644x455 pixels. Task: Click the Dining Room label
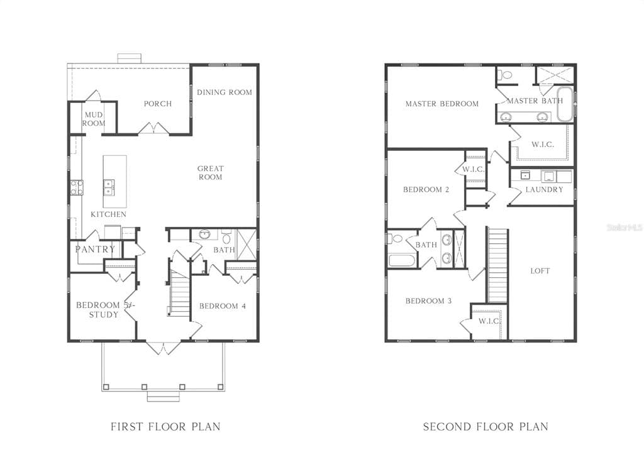pos(224,92)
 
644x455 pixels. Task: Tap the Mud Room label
pos(93,119)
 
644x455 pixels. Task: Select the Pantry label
pos(95,249)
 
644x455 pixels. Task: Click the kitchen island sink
pos(109,186)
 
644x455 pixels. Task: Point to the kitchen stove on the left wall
pos(76,187)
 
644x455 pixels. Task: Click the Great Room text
pos(210,173)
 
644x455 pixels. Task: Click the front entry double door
pos(163,348)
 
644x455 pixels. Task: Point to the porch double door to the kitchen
pos(153,129)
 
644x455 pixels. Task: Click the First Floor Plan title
pos(165,427)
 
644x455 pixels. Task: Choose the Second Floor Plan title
pos(485,427)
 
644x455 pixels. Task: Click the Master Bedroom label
pos(441,104)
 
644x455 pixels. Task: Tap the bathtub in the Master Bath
pos(564,104)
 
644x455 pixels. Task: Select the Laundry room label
pos(544,190)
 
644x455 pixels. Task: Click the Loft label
pos(540,271)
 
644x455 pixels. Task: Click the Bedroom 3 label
pos(428,301)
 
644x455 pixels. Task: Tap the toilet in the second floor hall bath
pos(396,239)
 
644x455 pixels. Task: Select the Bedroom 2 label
pos(426,190)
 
